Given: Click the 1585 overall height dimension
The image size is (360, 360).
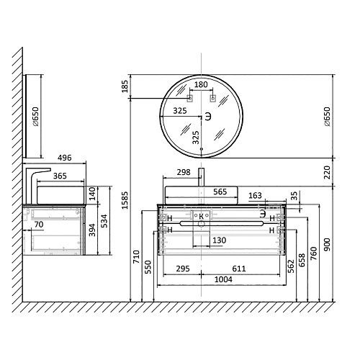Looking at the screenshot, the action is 125,200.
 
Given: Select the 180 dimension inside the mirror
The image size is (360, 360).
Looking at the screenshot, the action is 201,84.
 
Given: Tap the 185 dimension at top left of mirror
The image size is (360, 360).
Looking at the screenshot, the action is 125,86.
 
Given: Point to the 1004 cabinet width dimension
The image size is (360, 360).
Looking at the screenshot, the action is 223,279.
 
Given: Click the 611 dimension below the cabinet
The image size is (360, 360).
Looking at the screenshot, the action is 239,269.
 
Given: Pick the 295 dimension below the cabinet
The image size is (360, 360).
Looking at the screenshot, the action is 183,269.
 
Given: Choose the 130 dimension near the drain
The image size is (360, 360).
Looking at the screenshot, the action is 220,240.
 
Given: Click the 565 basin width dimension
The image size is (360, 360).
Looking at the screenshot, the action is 220,192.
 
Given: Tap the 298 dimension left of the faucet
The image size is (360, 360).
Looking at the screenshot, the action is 184,172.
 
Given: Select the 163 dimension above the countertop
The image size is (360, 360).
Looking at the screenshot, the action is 255,195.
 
